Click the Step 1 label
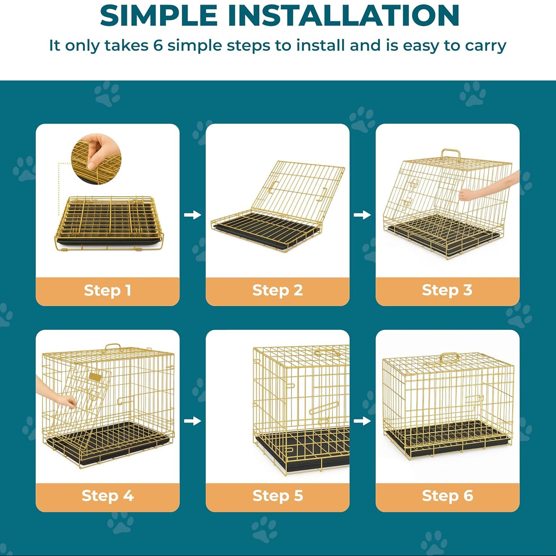coord(108,290)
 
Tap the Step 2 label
coord(277,290)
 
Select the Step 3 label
coord(447,290)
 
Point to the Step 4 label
coord(108,496)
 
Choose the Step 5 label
coord(277,496)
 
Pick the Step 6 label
coord(447,496)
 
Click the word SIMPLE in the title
coord(158,15)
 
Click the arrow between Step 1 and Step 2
coord(192,215)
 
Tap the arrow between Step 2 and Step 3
coord(362,215)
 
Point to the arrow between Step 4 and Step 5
coord(192,421)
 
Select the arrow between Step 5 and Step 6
coord(362,421)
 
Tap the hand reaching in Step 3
coord(488,187)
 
